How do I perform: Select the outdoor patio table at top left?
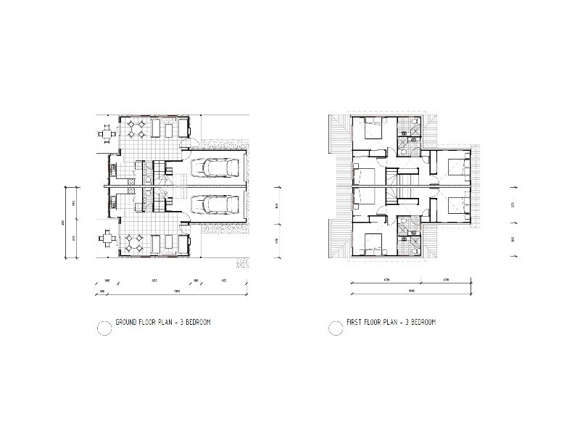107,136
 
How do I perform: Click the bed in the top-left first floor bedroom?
370,130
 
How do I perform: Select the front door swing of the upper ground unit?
186,149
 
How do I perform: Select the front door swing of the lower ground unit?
186,225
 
